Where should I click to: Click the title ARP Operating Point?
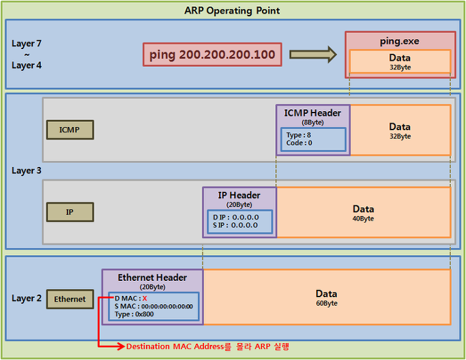(232, 11)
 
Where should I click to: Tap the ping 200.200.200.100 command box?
(212, 55)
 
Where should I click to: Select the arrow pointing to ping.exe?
(313, 55)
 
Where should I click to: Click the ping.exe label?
(399, 41)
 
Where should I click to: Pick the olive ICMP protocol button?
(70, 130)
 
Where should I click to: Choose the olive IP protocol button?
(70, 212)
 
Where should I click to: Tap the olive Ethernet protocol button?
(70, 299)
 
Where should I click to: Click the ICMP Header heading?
(312, 113)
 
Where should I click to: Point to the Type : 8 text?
(299, 135)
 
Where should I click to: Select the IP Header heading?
(239, 195)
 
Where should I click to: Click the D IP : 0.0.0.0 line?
(235, 217)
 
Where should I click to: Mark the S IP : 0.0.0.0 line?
(235, 225)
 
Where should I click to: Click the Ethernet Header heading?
(152, 277)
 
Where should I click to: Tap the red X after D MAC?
(145, 299)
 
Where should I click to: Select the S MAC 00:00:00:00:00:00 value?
(167, 307)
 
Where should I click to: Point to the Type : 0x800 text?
(134, 314)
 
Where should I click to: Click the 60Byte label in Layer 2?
(327, 303)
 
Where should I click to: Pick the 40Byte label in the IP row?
(363, 219)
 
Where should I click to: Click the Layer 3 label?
(27, 170)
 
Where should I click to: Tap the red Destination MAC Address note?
(207, 346)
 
